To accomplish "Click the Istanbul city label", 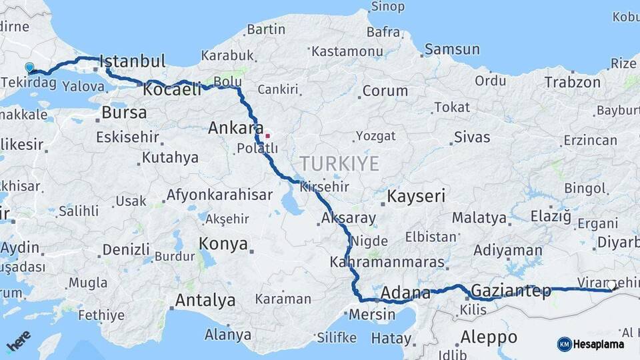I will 133,62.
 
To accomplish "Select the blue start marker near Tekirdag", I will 29,67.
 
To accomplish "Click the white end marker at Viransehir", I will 611,285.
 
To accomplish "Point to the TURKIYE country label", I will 339,163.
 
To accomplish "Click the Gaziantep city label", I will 511,291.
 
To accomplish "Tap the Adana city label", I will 405,293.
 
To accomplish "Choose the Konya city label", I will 223,244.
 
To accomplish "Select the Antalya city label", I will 205,301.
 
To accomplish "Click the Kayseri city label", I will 416,197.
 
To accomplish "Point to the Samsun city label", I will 452,49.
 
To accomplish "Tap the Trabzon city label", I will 572,83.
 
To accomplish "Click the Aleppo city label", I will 489,336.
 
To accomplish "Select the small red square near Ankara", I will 267,136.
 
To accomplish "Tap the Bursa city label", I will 124,113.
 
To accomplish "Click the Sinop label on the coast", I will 387,7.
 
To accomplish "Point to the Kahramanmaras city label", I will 387,262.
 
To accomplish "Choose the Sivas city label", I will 472,138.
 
